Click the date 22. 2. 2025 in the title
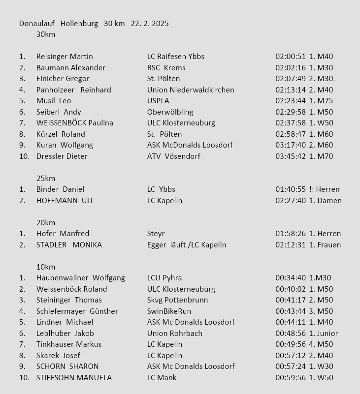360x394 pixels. [150, 24]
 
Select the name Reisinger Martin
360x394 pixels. [65, 57]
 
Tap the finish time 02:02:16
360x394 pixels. [291, 68]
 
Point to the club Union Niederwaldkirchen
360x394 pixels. [191, 90]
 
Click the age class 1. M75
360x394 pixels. [321, 101]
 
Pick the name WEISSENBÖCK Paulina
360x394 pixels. [75, 123]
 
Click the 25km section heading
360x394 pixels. [46, 179]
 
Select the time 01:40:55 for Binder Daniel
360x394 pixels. [291, 189]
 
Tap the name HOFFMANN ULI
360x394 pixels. [65, 201]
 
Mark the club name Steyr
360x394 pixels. [156, 234]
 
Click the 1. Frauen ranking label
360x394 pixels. [325, 245]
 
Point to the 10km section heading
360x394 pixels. [46, 267]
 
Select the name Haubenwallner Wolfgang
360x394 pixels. [81, 278]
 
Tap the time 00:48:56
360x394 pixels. [291, 333]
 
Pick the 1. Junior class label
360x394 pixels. [324, 333]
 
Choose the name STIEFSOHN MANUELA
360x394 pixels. [74, 378]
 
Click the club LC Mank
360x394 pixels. [162, 378]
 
